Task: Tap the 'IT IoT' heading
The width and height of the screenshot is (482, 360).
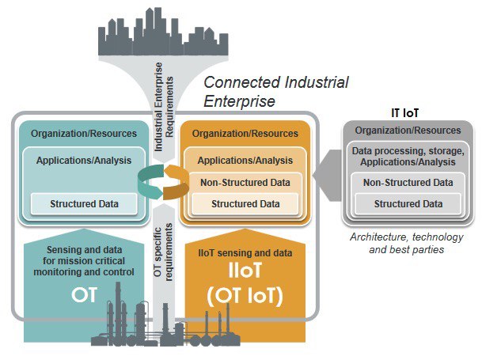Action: pyautogui.click(x=406, y=113)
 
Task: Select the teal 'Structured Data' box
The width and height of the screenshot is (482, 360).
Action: pyautogui.click(x=84, y=204)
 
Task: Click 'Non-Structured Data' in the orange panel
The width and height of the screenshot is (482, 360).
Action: pyautogui.click(x=245, y=183)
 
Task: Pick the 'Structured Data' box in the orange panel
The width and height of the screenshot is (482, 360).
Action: pyautogui.click(x=245, y=204)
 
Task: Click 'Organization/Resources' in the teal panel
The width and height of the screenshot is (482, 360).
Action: pyautogui.click(x=84, y=134)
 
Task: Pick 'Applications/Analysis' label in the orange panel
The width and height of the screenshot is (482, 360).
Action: pyautogui.click(x=245, y=160)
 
